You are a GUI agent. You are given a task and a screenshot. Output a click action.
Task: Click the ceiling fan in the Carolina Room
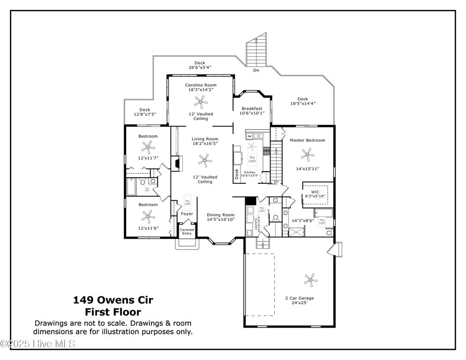click(201, 101)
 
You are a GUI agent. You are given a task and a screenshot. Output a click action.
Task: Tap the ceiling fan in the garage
click(309, 280)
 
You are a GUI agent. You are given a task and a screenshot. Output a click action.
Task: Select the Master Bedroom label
click(307, 140)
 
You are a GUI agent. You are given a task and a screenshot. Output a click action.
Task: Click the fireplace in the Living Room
click(176, 164)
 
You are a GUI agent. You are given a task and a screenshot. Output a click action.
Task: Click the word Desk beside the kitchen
click(237, 173)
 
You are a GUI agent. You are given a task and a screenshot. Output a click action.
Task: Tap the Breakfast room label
click(252, 108)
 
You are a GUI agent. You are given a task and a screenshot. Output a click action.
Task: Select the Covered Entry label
click(187, 232)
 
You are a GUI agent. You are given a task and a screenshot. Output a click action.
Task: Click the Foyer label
click(187, 214)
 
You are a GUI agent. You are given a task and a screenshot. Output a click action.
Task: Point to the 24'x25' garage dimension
click(300, 303)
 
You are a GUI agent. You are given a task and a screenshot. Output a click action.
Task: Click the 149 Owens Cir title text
click(113, 300)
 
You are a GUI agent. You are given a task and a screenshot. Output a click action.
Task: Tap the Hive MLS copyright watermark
click(38, 345)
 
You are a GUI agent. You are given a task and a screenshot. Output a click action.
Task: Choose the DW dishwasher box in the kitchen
click(249, 136)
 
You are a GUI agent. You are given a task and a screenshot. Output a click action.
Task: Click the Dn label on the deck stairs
click(256, 70)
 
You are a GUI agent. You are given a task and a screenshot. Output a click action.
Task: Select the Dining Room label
click(220, 215)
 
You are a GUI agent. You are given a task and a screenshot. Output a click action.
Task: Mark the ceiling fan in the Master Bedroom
click(308, 153)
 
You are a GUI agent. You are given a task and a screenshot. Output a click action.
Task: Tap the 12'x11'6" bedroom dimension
click(148, 228)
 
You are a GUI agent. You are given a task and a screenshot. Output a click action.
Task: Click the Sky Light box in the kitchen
click(252, 160)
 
